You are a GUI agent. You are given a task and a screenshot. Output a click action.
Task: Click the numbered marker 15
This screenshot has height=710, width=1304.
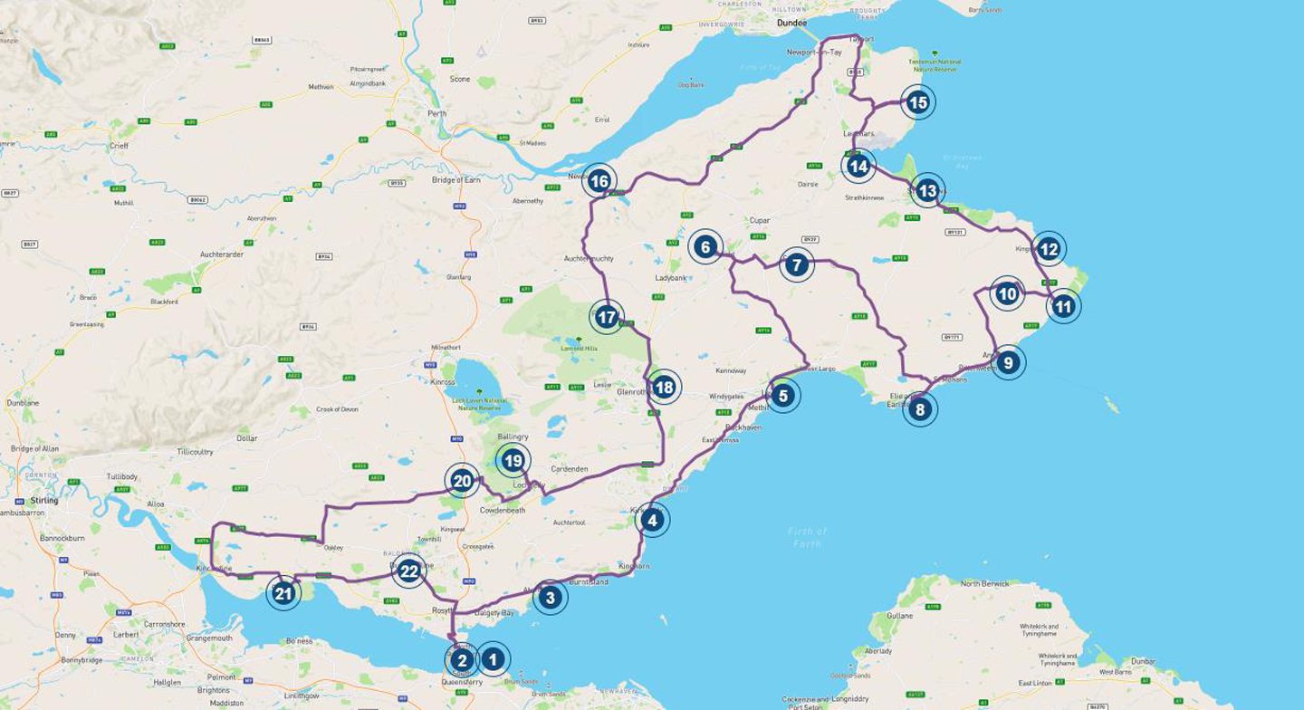click(x=918, y=102)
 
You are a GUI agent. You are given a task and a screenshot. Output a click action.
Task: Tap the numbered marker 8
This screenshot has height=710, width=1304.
click(x=920, y=409)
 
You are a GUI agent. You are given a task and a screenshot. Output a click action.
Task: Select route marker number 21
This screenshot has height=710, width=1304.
click(x=283, y=594)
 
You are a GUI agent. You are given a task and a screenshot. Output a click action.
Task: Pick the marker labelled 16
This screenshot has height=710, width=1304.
click(x=599, y=181)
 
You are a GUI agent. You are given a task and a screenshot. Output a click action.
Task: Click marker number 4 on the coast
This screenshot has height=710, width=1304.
click(x=651, y=520)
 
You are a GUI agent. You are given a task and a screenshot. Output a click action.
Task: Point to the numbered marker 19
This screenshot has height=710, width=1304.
click(x=513, y=461)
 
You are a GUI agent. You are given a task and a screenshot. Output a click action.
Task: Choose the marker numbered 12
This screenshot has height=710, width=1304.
click(x=1048, y=248)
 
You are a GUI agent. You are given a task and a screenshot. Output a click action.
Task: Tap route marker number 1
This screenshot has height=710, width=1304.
click(x=493, y=659)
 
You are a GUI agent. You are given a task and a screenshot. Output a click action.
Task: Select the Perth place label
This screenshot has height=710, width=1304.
click(x=437, y=114)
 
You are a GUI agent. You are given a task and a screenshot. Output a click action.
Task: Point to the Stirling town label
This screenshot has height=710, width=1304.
click(x=43, y=500)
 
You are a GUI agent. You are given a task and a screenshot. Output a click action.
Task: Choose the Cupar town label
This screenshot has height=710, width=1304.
click(x=759, y=220)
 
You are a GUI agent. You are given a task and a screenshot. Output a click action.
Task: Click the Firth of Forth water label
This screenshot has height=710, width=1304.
click(x=807, y=536)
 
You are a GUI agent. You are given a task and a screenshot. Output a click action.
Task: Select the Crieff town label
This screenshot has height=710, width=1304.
click(x=120, y=146)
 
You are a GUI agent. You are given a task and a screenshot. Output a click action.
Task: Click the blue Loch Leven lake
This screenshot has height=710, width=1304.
click(x=472, y=380)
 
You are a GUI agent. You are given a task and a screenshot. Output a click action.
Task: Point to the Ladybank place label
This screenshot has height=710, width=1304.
click(x=672, y=277)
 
